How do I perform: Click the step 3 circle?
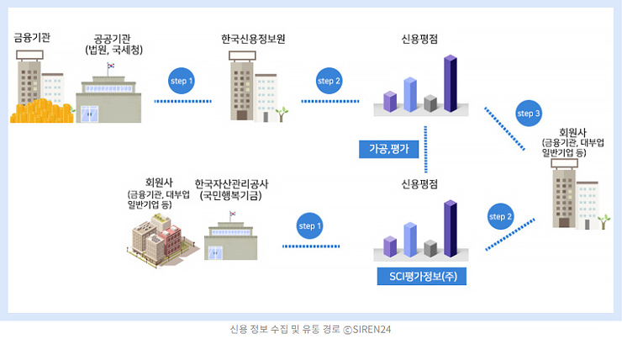point(529,113)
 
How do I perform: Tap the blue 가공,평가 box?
point(388,149)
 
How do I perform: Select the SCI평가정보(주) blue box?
point(422,276)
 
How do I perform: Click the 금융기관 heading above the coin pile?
point(32,38)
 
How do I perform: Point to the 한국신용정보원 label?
point(253,39)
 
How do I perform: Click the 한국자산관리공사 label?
point(231,184)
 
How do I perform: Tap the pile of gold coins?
point(41,112)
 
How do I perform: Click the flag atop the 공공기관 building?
point(111,66)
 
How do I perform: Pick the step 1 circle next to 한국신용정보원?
point(182,81)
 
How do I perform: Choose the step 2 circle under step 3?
point(500,216)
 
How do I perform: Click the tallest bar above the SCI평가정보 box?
point(451,229)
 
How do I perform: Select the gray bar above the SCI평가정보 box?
point(430,248)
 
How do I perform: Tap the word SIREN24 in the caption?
point(372,330)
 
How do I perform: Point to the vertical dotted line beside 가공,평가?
point(425,149)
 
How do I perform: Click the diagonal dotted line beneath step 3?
point(504,129)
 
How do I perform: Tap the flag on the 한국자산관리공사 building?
point(233,214)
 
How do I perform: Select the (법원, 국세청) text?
point(113,50)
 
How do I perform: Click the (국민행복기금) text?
point(230,196)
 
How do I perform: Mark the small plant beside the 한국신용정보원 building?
point(282,114)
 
